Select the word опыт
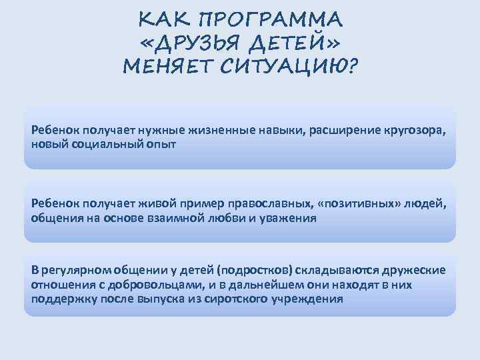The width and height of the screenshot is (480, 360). (x=159, y=143)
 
